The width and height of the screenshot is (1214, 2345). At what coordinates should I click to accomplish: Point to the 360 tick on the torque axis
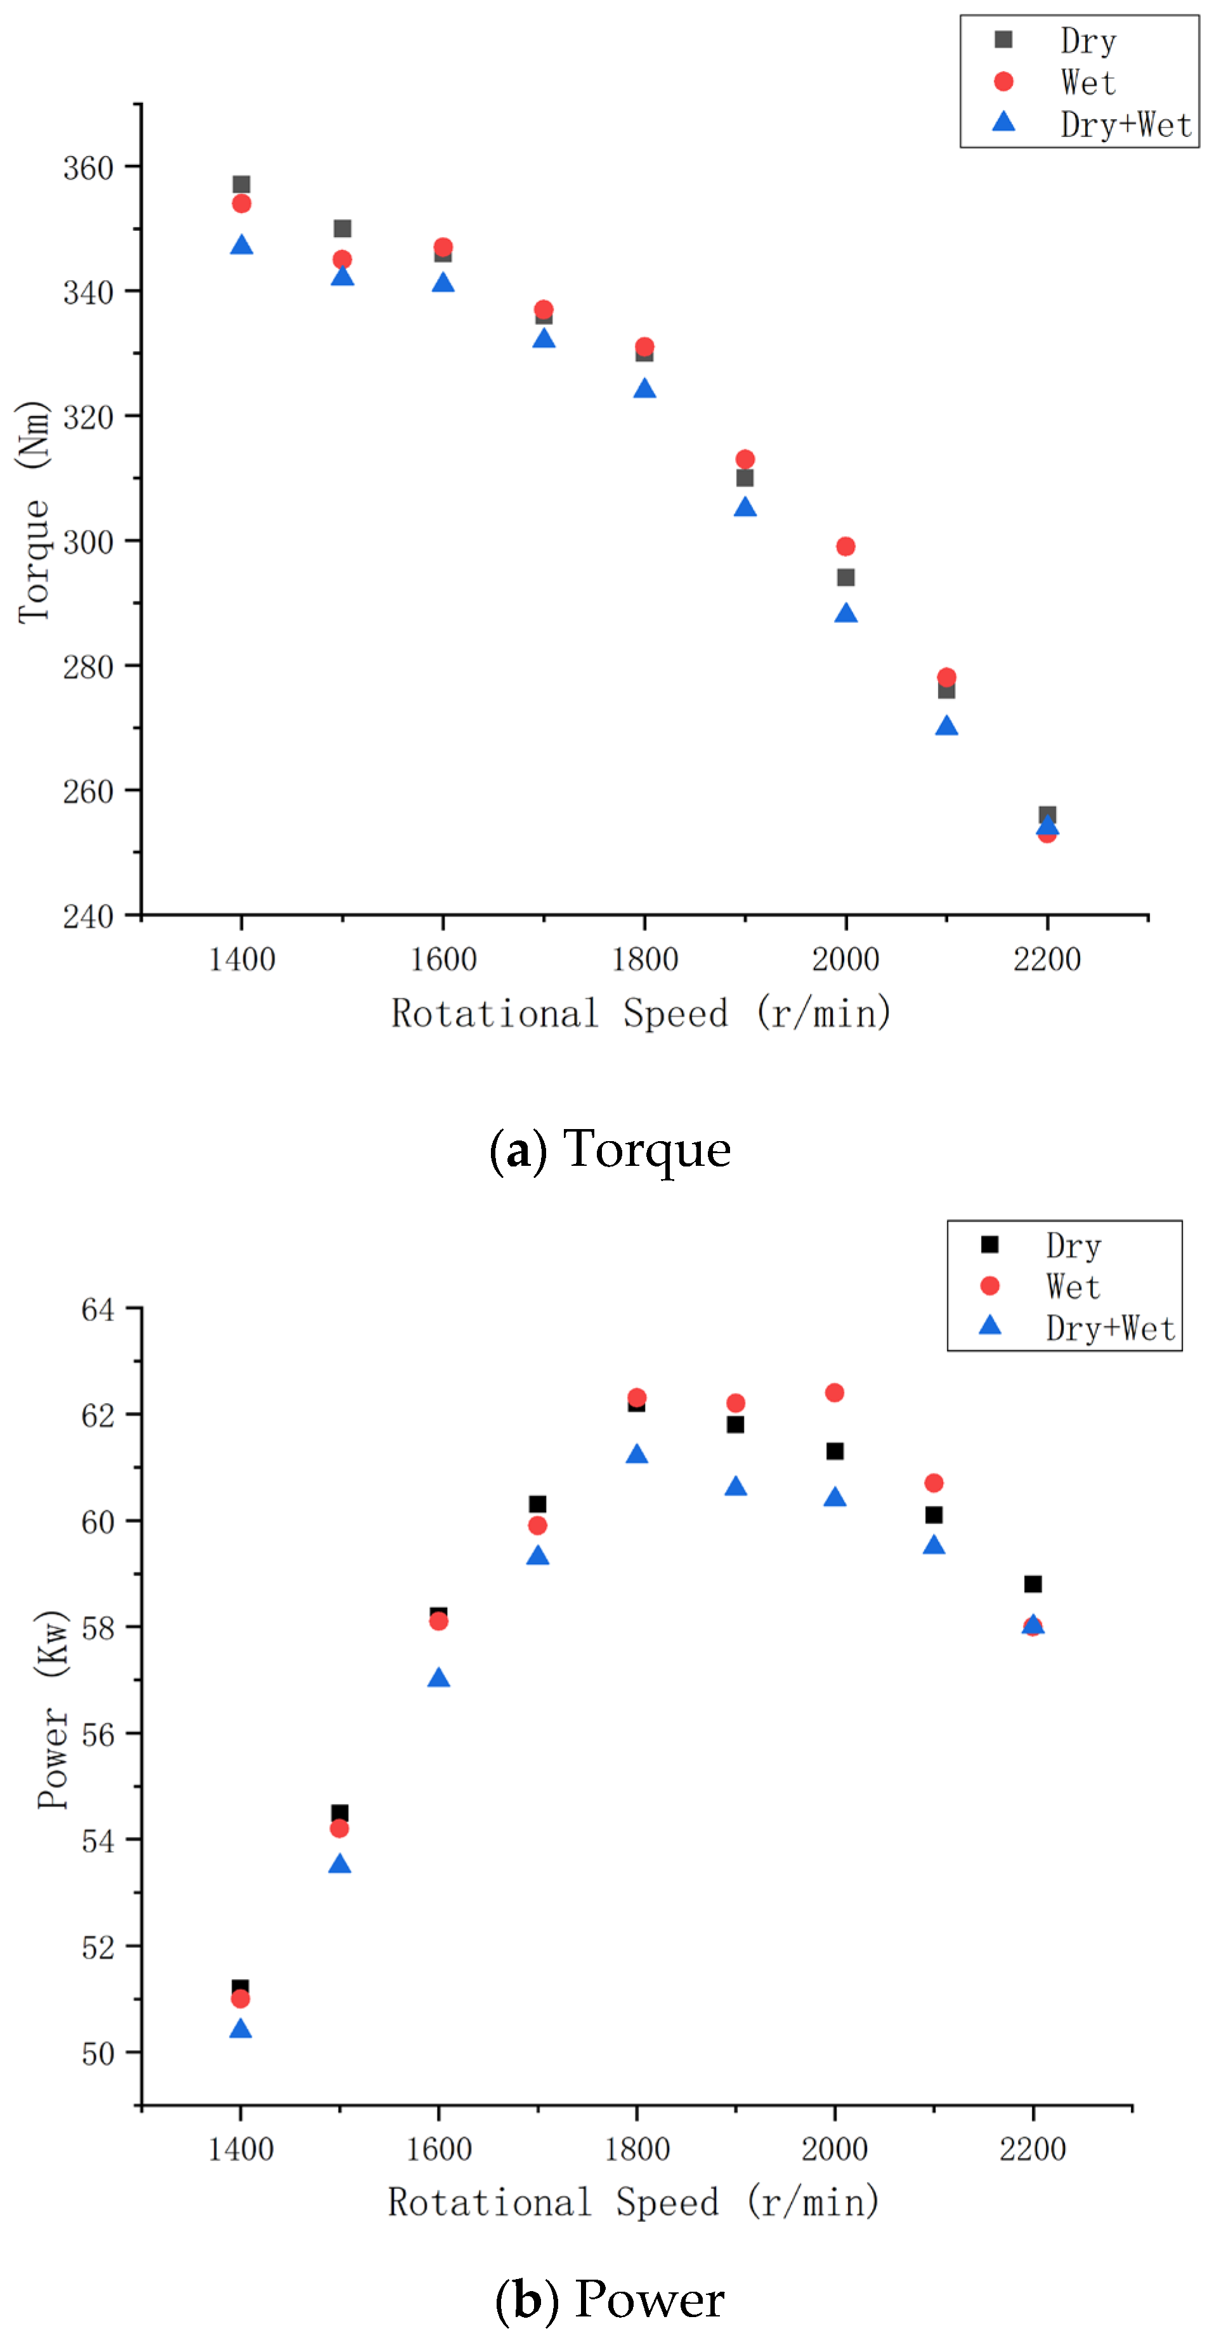[88, 167]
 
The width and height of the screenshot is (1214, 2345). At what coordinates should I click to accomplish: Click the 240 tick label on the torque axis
[88, 916]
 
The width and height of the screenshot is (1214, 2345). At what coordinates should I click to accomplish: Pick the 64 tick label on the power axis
[98, 1310]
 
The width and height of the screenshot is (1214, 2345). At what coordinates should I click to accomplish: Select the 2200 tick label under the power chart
[1032, 2149]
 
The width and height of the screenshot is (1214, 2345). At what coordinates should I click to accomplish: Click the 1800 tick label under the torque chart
[644, 960]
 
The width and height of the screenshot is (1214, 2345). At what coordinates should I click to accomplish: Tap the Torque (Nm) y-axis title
[33, 512]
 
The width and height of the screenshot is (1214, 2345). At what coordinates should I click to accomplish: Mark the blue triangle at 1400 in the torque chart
[241, 245]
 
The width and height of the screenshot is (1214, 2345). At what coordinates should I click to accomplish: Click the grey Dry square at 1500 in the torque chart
[342, 228]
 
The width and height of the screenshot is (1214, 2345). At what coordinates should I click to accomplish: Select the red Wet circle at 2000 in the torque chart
[845, 546]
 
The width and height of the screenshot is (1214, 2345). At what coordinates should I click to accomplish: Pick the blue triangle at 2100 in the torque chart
[946, 726]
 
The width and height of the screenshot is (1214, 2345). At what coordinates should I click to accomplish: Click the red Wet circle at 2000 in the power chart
[835, 1393]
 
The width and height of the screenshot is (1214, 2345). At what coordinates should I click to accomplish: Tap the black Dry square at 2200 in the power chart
[1033, 1584]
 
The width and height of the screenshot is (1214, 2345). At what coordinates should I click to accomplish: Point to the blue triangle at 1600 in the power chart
[439, 1678]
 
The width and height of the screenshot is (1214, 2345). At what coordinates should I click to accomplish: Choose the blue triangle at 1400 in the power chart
[240, 2029]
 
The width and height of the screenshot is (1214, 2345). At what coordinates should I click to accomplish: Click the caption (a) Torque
[610, 1149]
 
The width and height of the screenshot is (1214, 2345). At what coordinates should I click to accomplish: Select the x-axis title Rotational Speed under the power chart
[634, 2202]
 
